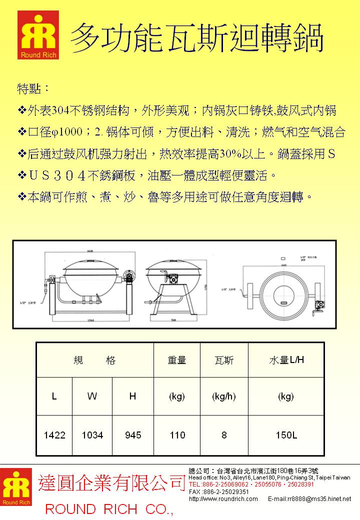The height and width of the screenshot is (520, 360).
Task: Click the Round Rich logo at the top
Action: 38,35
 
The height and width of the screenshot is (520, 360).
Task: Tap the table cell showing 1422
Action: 54,435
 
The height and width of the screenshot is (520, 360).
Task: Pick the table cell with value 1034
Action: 92,435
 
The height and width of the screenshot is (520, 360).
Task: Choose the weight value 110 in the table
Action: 177,435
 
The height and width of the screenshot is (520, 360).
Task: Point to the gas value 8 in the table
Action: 223,435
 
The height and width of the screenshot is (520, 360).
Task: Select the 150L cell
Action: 286,435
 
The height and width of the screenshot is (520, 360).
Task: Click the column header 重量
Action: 177,360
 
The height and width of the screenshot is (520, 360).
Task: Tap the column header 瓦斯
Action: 223,360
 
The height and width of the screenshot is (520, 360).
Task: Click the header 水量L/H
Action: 286,360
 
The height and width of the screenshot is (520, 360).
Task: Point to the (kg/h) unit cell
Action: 223,396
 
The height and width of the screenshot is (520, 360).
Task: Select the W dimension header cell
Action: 92,396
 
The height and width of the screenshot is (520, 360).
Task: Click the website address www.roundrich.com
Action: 223,498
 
